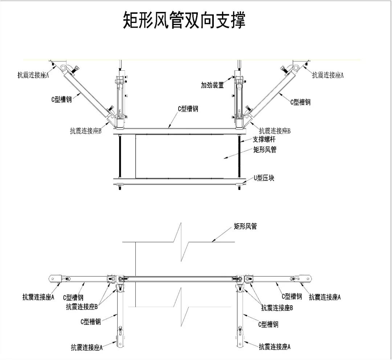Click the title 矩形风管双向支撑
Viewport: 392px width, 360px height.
pos(184,20)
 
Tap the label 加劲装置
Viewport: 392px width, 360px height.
pos(212,85)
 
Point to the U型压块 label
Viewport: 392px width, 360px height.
pos(264,178)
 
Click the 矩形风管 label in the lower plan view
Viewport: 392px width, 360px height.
pos(245,227)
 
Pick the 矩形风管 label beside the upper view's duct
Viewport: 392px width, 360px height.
pos(265,149)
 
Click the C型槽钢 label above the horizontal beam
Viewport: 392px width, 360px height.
pos(187,108)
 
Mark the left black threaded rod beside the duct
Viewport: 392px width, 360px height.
pos(119,157)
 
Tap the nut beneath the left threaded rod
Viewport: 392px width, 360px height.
pos(119,187)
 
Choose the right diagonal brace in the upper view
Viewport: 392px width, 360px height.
pos(270,92)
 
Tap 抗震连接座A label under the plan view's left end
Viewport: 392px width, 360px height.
pos(38,297)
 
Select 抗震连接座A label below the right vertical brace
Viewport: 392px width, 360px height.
pos(275,347)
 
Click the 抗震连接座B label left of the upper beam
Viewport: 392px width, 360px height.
pos(86,131)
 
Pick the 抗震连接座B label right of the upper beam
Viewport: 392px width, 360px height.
pos(275,131)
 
